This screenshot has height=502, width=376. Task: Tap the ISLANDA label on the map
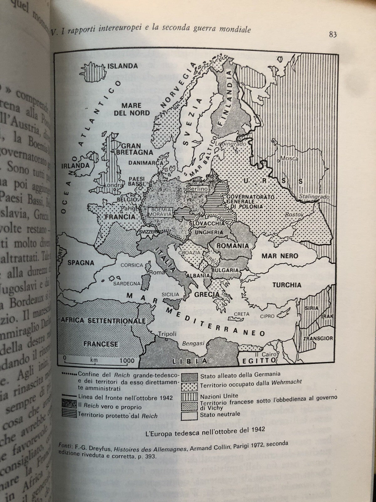coord(123,66)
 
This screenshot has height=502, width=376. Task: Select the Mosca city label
coord(289,159)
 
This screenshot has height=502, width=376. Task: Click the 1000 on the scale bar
coord(127,361)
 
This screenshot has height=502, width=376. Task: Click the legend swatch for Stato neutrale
coord(189,415)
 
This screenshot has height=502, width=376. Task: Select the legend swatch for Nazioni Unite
coord(189,397)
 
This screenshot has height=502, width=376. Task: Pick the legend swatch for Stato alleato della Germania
coord(189,377)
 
